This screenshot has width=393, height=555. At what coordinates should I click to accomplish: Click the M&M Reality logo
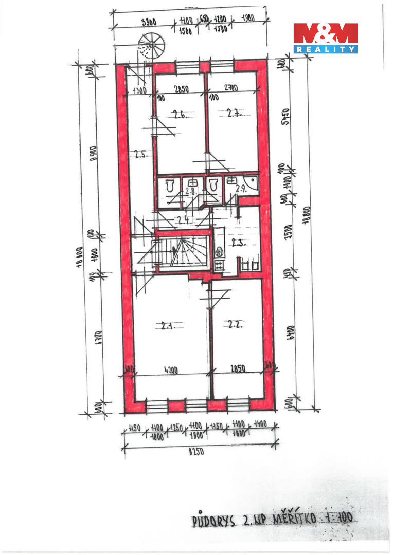coord(326,38)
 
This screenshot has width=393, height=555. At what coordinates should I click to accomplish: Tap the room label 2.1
coord(168,325)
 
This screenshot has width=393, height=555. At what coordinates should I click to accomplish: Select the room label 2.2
coord(235,324)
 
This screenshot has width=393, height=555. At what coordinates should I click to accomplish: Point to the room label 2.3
coord(240,243)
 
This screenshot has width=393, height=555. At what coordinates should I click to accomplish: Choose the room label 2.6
coord(179,115)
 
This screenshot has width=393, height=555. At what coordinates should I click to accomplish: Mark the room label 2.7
coord(234,114)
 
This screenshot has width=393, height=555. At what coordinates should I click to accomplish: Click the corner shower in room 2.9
coord(252,183)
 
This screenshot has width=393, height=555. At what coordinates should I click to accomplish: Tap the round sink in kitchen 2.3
coord(219,252)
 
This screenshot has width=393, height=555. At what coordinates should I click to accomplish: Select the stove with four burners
coord(219,265)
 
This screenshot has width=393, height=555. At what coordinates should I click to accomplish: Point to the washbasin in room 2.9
coord(231,180)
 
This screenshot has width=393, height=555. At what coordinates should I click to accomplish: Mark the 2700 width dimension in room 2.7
coord(230,88)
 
